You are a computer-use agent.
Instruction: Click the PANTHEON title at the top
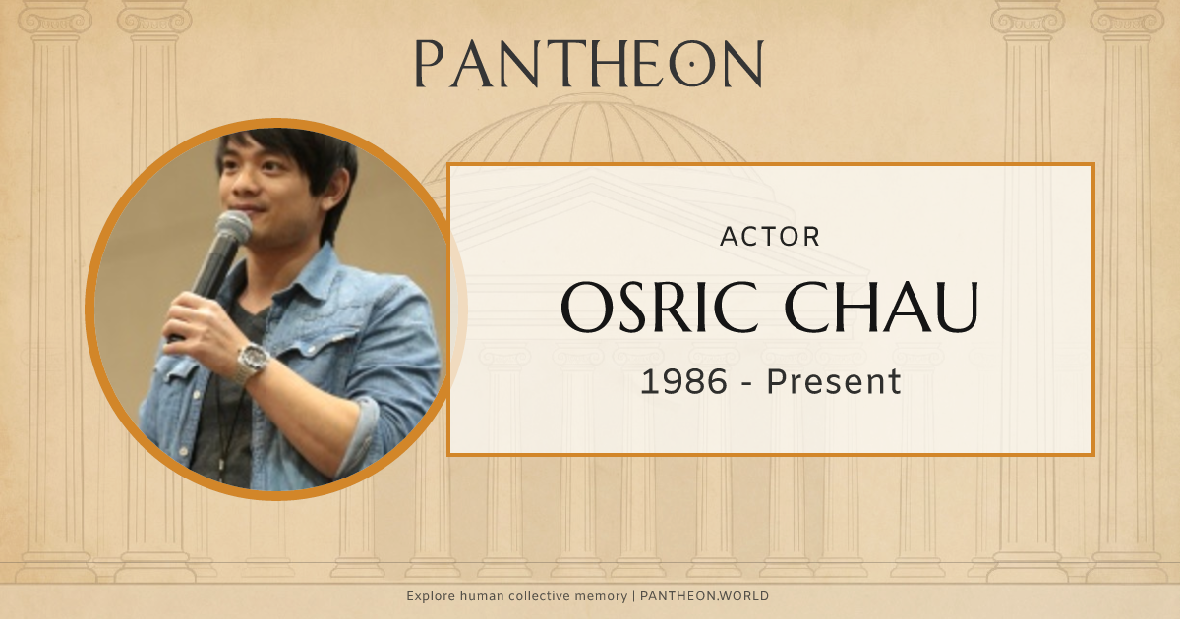click(x=589, y=65)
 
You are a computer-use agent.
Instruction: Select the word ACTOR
click(x=770, y=237)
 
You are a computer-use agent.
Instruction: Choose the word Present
click(x=834, y=382)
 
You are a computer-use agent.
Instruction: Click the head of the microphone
click(x=233, y=229)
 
